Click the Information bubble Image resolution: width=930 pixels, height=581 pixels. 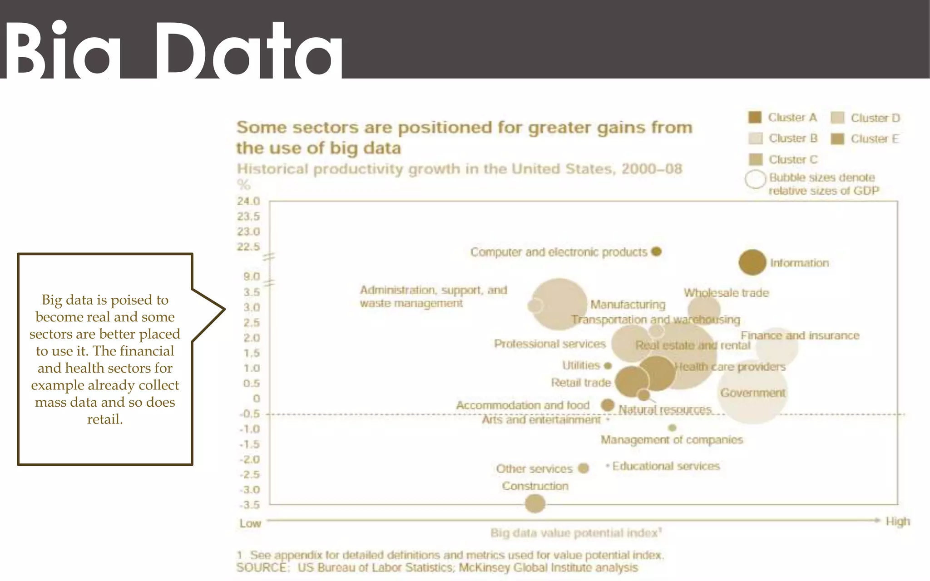pos(752,262)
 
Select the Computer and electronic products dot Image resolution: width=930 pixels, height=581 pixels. pos(656,251)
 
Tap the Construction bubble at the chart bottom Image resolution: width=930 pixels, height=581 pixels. pos(535,503)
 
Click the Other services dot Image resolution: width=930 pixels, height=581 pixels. pos(584,468)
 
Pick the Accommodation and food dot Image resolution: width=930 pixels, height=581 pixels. pos(608,405)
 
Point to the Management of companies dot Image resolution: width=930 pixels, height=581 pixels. pos(673,428)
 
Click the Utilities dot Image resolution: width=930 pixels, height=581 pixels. pos(608,365)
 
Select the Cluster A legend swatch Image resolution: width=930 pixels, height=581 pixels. pos(755,117)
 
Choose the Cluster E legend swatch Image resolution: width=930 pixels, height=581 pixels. pos(837,139)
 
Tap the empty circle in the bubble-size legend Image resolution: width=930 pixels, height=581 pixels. pos(756,179)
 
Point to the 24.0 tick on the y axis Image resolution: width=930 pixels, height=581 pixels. pos(248,201)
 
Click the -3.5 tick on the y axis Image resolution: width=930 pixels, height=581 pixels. pos(249,505)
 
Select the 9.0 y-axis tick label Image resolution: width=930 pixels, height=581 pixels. pos(251,276)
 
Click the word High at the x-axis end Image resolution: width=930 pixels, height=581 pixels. pos(898,522)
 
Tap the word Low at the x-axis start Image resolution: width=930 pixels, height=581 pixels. pos(250,523)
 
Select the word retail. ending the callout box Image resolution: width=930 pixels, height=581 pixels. pos(105,419)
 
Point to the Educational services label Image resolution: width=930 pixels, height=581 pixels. pos(666,466)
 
